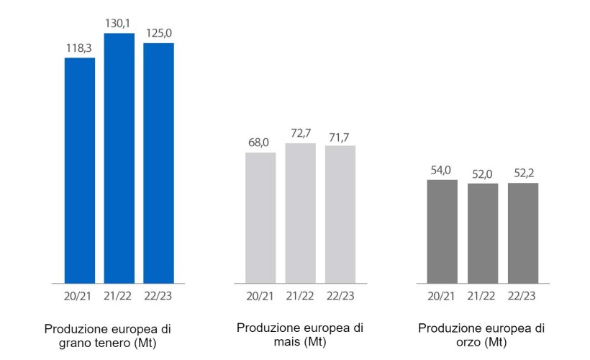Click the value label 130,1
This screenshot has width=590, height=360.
[119, 25]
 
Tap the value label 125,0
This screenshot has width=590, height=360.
[159, 34]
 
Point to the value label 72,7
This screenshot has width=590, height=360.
[300, 134]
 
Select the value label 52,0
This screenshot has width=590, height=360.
[482, 174]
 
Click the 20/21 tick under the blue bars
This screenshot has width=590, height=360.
[80, 295]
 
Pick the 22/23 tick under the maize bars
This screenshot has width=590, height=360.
[340, 295]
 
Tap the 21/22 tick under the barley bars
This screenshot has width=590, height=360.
[482, 295]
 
